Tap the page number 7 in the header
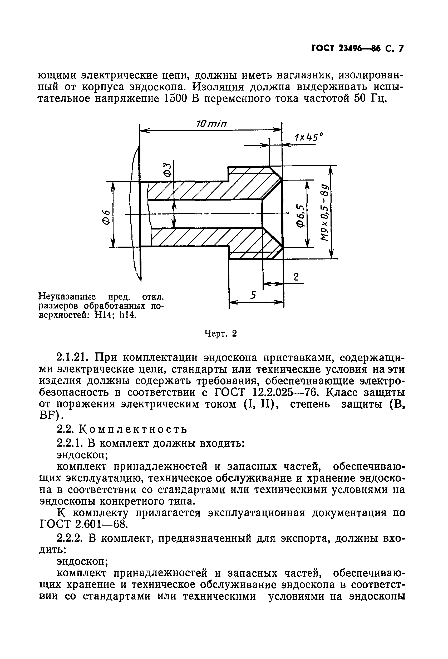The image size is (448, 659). click(400, 48)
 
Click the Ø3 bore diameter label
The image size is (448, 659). click(168, 170)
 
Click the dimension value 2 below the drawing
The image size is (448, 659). click(296, 277)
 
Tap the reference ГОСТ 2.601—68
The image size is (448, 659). click(82, 525)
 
